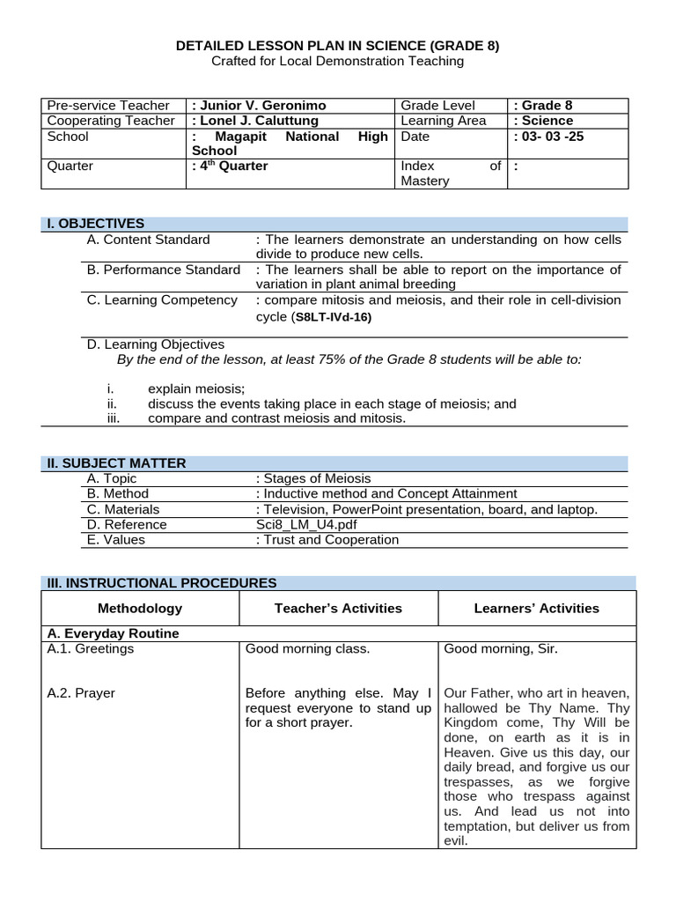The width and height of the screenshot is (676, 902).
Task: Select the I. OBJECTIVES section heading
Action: (96, 224)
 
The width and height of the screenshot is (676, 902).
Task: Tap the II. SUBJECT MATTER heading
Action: (116, 463)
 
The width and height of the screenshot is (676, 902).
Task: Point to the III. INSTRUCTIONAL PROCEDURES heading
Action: (162, 582)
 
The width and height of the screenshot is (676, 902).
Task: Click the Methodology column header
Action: (141, 608)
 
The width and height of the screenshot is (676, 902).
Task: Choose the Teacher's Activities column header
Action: (338, 608)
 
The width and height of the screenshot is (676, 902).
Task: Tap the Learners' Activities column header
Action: (536, 608)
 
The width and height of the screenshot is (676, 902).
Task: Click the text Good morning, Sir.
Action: (501, 650)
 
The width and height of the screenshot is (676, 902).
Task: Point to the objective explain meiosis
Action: (196, 388)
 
